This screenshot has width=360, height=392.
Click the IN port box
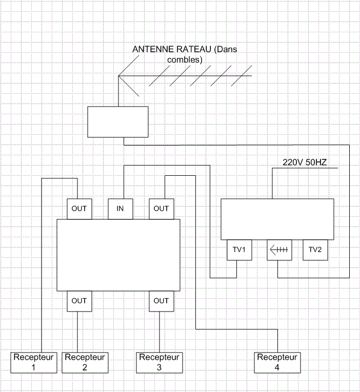121,209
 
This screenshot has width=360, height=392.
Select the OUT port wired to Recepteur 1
79,209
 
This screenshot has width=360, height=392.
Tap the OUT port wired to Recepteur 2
79,301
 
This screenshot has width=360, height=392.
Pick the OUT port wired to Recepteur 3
162,301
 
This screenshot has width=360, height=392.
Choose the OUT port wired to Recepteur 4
162,209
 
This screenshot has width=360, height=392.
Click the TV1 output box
239,250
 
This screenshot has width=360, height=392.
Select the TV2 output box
315,250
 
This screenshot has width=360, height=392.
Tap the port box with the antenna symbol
279,250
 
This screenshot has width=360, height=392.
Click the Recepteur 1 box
34,362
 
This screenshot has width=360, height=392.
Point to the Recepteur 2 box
85,362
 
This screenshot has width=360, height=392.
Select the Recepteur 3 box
159,362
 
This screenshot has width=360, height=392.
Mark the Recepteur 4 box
277,362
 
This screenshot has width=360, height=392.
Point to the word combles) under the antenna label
185,60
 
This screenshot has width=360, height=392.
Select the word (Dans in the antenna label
226,49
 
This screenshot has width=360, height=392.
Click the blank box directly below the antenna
118,122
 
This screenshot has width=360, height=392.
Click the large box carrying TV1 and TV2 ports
277,219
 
